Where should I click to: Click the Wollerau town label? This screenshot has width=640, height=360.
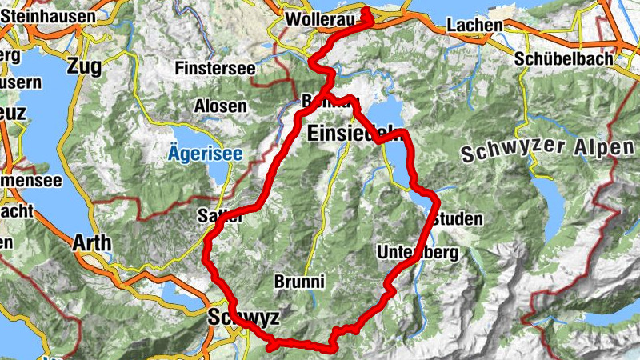pos(317,17)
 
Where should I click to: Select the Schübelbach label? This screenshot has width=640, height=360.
pos(563,58)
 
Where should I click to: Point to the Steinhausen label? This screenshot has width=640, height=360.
pos(47,15)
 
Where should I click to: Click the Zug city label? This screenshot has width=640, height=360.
pos(86,66)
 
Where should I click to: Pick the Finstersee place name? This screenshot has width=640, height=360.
pos(214,69)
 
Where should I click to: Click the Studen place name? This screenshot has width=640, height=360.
pos(458,218)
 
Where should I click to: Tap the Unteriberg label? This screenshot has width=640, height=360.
pos(417,253)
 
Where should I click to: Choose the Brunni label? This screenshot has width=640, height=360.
pos(298,282)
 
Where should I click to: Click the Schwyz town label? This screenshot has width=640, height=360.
pos(243,318)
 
